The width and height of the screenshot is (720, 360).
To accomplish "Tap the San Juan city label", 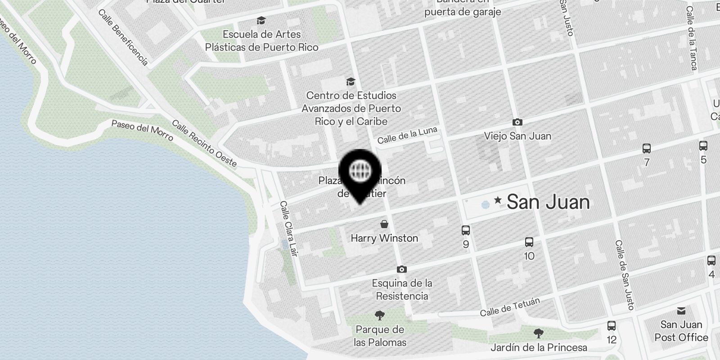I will coord(548,202).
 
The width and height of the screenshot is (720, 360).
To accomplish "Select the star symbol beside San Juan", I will coord(498,200).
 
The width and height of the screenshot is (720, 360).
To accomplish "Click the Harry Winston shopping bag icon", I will coord(384,224).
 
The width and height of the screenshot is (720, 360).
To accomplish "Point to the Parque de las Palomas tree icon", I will coord(379,315).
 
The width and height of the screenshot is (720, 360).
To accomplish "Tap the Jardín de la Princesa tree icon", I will coord(538,333).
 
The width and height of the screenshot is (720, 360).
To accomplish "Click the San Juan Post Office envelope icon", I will coord(681,310).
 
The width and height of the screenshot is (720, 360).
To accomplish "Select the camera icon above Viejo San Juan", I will coord(517,122).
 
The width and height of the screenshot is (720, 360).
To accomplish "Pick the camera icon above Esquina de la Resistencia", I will coord(401,269).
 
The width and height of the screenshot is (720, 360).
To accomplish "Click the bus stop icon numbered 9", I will coord(466,230).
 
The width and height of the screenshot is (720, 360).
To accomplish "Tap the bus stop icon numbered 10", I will coord(529,242).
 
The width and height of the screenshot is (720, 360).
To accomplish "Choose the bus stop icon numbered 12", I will coord(611,325).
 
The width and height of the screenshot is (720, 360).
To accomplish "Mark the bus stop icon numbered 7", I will coord(647,148).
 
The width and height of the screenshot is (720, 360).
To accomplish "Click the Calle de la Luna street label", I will coord(407,135).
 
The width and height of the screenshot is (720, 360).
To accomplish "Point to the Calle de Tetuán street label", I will coord(510,307).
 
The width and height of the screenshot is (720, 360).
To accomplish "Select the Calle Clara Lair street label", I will coord(289,229).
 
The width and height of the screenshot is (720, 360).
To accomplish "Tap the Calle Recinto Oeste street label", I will coord(205,143).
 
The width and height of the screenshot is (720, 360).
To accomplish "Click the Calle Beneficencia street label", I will coord(123,37).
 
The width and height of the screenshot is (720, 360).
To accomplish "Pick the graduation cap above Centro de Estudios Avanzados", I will coord(351,81).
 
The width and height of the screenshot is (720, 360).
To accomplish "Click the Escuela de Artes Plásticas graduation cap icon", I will coord(261,20).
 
